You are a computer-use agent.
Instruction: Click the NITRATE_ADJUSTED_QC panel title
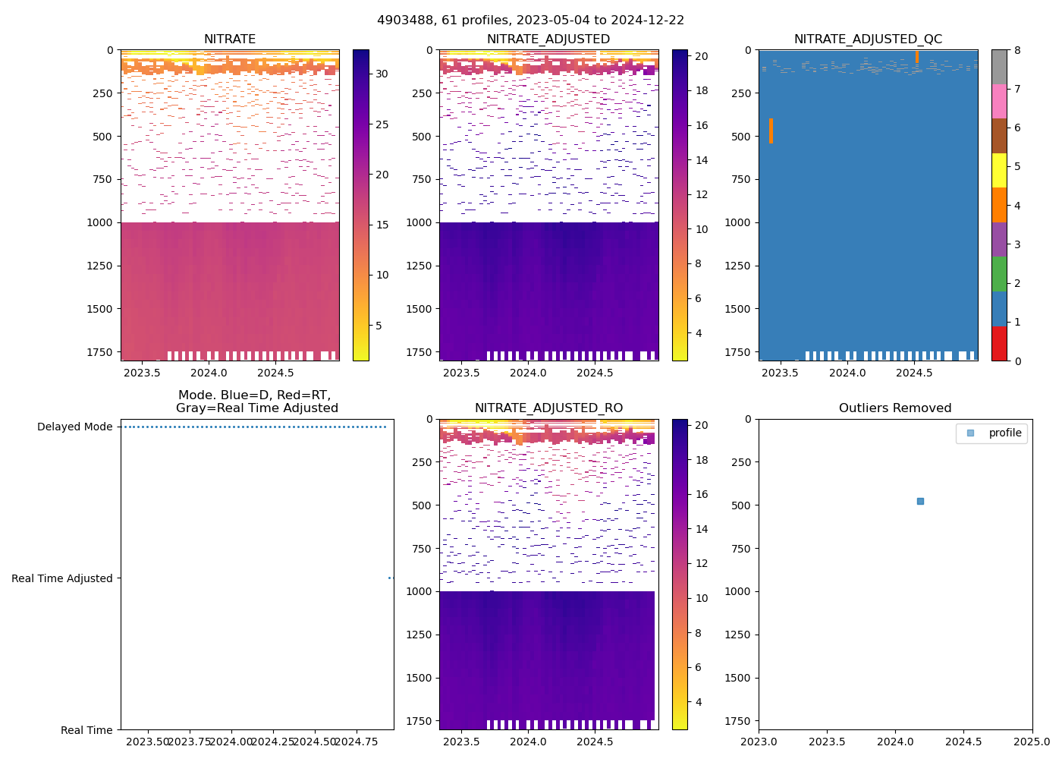point(868,39)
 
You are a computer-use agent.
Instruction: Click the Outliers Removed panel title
point(895,408)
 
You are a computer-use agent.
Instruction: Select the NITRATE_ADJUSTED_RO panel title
point(548,408)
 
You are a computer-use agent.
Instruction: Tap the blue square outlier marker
point(920,501)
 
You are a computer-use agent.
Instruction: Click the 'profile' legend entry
point(1004,433)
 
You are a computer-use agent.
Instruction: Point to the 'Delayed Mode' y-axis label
point(74,427)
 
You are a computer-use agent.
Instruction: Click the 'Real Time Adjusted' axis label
point(62,578)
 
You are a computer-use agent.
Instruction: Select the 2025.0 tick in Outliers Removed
point(1032,742)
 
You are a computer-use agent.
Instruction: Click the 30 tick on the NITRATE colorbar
point(382,74)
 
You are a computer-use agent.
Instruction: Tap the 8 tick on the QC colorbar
point(1017,50)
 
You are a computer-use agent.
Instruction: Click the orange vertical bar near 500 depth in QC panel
point(771,131)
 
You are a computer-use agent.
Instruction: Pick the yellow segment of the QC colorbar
point(999,171)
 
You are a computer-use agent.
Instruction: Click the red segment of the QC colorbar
point(999,343)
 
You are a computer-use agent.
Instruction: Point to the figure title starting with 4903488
point(530,20)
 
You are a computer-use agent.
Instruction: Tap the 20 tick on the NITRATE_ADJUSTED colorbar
point(701,56)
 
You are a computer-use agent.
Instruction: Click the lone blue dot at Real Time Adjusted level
point(390,578)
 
